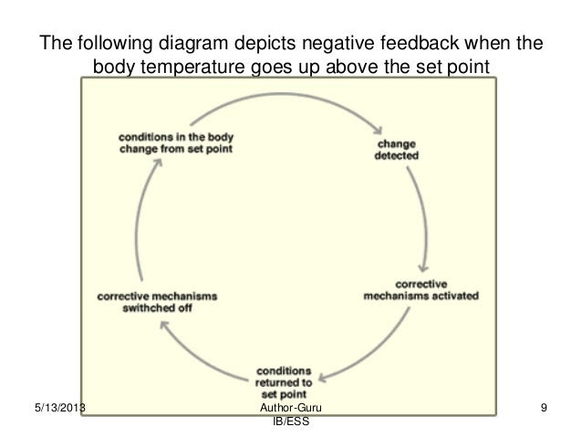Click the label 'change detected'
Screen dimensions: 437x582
[397, 150]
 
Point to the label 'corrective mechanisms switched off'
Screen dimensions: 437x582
[157, 301]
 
